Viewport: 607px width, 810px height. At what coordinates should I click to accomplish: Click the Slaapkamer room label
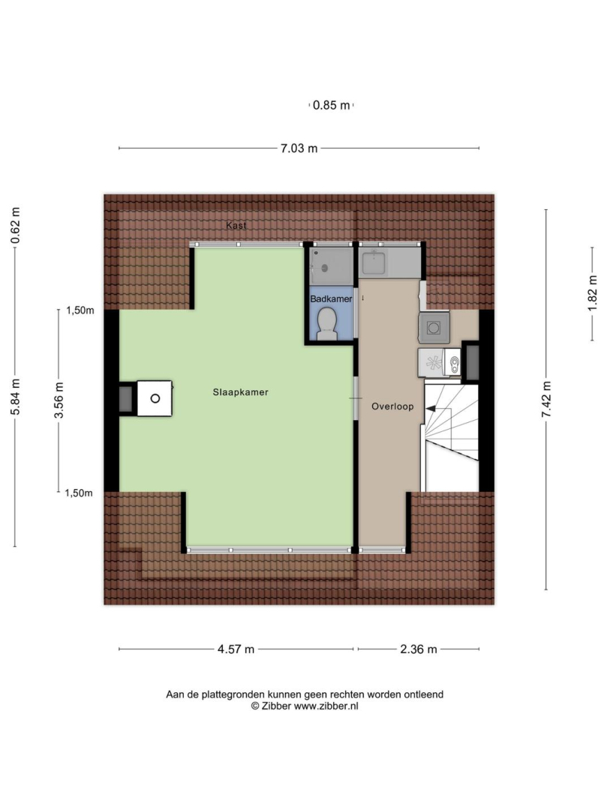click(x=241, y=392)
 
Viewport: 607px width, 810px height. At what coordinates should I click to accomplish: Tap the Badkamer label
click(x=331, y=298)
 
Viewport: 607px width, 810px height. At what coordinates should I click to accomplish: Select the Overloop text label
click(x=392, y=406)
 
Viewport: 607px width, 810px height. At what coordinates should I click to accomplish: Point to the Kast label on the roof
click(x=236, y=225)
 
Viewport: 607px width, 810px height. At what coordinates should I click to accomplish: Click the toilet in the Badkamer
click(x=326, y=325)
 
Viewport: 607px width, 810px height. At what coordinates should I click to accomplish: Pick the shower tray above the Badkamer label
click(x=332, y=265)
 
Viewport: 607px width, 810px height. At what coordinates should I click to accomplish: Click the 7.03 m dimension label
click(x=299, y=148)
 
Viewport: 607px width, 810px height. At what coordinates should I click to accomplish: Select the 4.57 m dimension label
click(x=236, y=649)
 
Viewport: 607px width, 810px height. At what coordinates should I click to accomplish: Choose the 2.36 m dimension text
click(x=419, y=649)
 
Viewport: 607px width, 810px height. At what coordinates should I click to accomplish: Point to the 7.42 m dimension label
click(x=546, y=399)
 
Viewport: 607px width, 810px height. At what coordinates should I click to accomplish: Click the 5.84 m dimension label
click(x=15, y=397)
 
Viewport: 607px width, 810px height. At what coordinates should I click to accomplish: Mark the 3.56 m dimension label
click(x=59, y=400)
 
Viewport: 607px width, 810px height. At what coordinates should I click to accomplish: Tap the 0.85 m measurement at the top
click(x=331, y=106)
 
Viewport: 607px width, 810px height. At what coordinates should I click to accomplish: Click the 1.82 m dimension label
click(x=592, y=293)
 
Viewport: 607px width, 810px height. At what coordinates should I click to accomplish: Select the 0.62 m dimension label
click(x=15, y=225)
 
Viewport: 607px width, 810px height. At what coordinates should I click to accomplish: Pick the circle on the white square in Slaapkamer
click(x=155, y=398)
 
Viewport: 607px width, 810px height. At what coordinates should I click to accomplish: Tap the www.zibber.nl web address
click(x=326, y=706)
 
